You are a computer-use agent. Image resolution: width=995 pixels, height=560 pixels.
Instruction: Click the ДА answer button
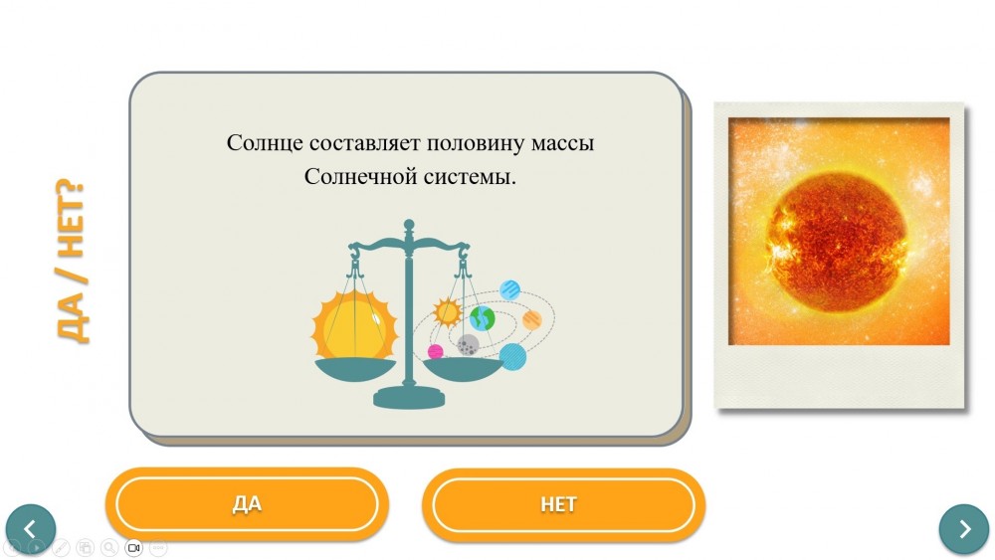247,504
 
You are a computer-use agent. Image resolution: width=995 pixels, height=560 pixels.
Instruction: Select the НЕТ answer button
563,505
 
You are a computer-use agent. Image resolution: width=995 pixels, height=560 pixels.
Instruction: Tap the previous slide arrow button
31,529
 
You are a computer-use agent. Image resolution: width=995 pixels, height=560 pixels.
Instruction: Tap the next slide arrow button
964,529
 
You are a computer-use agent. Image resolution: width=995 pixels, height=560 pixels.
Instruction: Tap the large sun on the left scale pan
354,325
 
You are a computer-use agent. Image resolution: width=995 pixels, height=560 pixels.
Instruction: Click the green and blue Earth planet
483,318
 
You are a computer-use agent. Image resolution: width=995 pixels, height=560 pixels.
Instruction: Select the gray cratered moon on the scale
469,345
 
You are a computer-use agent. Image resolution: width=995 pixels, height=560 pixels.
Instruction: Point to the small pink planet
436,351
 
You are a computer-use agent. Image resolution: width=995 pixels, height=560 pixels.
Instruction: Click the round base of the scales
409,398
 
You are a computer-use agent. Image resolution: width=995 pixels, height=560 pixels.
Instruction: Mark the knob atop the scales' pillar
409,225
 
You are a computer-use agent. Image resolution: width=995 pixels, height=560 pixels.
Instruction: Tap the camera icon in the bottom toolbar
134,547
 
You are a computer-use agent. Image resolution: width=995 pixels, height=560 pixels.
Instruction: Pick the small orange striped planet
532,320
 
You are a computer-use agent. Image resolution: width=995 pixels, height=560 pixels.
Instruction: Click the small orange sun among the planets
447,312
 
